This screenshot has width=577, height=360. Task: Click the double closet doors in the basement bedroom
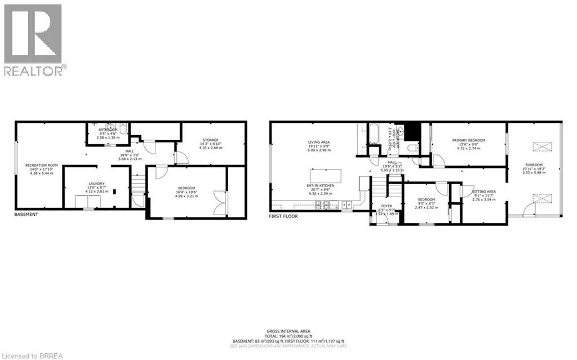tap(220, 202)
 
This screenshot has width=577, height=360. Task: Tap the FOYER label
tap(387, 206)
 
